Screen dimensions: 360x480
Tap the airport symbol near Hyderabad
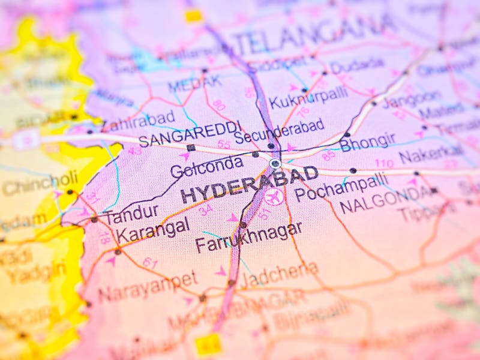273,196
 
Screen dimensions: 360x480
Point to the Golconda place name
206,166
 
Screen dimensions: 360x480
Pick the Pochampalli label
341,187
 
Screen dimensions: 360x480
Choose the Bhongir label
367,142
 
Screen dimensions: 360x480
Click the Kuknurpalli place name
308,97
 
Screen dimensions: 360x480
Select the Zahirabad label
139,121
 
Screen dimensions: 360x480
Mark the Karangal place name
153,230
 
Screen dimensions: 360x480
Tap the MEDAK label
194,83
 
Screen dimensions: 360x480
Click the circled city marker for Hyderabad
275,163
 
